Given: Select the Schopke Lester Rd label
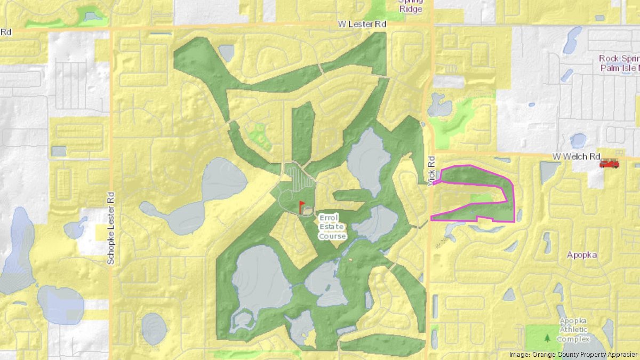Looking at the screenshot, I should click(x=111, y=228).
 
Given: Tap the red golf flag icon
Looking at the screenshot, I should click(x=301, y=205).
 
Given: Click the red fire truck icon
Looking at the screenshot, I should click(x=609, y=164).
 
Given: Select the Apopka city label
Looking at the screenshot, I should click(x=582, y=255).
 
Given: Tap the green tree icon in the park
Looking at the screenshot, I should click(x=547, y=338).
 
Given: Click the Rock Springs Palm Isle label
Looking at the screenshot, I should click(x=619, y=63).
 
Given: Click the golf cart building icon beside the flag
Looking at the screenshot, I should click(x=307, y=212).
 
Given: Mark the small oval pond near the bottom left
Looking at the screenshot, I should click(x=154, y=327).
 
